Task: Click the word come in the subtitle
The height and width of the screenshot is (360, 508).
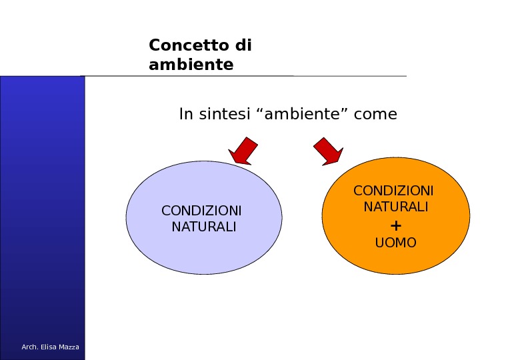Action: click(x=375, y=114)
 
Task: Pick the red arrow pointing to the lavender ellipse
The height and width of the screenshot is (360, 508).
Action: click(x=242, y=151)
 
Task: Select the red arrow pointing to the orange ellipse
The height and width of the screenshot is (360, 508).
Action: click(x=328, y=151)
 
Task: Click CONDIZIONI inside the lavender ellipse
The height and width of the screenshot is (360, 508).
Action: click(x=201, y=211)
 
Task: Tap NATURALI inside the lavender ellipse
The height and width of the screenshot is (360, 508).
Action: click(x=203, y=227)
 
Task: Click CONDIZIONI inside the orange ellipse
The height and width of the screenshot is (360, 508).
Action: click(x=393, y=191)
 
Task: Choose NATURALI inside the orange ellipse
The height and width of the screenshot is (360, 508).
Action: click(x=395, y=207)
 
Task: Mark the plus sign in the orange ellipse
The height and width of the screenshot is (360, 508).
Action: click(x=395, y=225)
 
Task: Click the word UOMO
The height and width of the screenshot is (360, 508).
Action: click(x=395, y=243)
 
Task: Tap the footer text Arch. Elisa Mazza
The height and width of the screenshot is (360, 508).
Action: click(x=50, y=347)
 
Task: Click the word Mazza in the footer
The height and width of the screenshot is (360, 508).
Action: click(x=68, y=347)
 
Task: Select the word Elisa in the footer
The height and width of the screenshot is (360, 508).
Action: click(x=47, y=347)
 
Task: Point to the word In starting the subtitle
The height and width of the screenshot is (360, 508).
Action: click(x=185, y=114)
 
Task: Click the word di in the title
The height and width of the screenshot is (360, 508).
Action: click(x=243, y=45)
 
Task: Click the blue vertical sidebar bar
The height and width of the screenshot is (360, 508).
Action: click(x=42, y=200)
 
